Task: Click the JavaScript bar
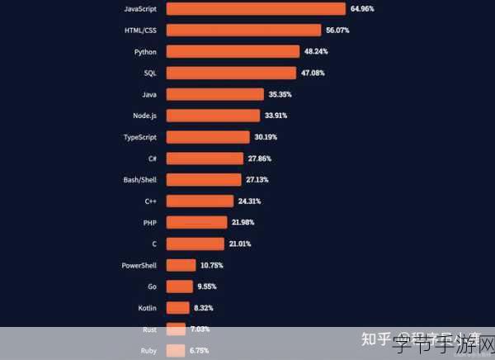[256, 9]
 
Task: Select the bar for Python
[232, 51]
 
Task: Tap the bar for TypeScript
[207, 137]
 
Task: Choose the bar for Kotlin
[177, 308]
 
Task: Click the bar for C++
[200, 201]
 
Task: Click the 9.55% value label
[206, 287]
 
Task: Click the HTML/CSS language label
[140, 30]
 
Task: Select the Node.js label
[145, 116]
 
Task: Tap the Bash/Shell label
[140, 179]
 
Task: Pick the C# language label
[153, 158]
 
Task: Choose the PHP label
[150, 222]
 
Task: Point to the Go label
[152, 287]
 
